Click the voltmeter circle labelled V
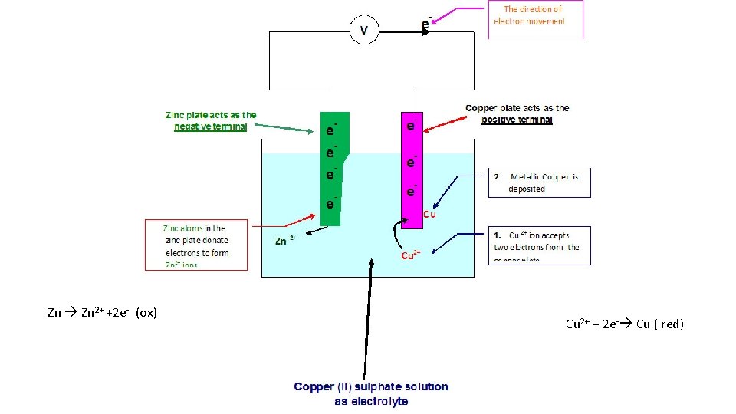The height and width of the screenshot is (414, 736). (x=364, y=31)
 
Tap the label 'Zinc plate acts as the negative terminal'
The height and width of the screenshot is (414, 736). (x=211, y=121)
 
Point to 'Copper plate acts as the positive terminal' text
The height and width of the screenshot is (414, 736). (x=517, y=114)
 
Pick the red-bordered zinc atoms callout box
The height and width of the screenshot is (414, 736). (x=196, y=245)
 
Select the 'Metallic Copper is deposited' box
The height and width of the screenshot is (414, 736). (x=540, y=182)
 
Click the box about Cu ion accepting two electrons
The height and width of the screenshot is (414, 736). (x=540, y=246)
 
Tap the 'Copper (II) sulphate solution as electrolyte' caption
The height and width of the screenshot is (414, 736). (x=371, y=394)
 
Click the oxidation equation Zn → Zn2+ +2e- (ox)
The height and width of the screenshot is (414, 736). (x=102, y=313)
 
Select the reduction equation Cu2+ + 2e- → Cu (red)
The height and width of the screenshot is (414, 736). (x=624, y=324)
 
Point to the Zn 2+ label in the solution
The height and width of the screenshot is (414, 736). (x=286, y=241)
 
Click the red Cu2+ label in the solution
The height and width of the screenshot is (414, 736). (x=412, y=255)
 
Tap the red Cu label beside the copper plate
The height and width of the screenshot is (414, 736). (x=430, y=215)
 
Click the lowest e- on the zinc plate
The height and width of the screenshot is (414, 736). (x=330, y=205)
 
